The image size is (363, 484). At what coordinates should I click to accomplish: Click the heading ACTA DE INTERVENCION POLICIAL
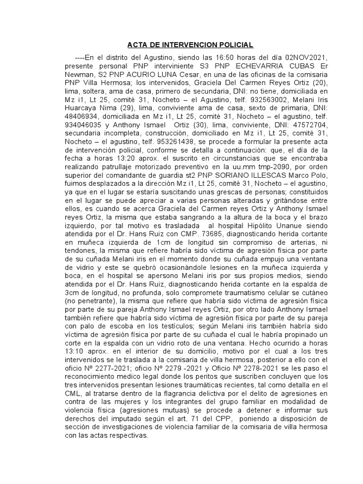click(x=190, y=45)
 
